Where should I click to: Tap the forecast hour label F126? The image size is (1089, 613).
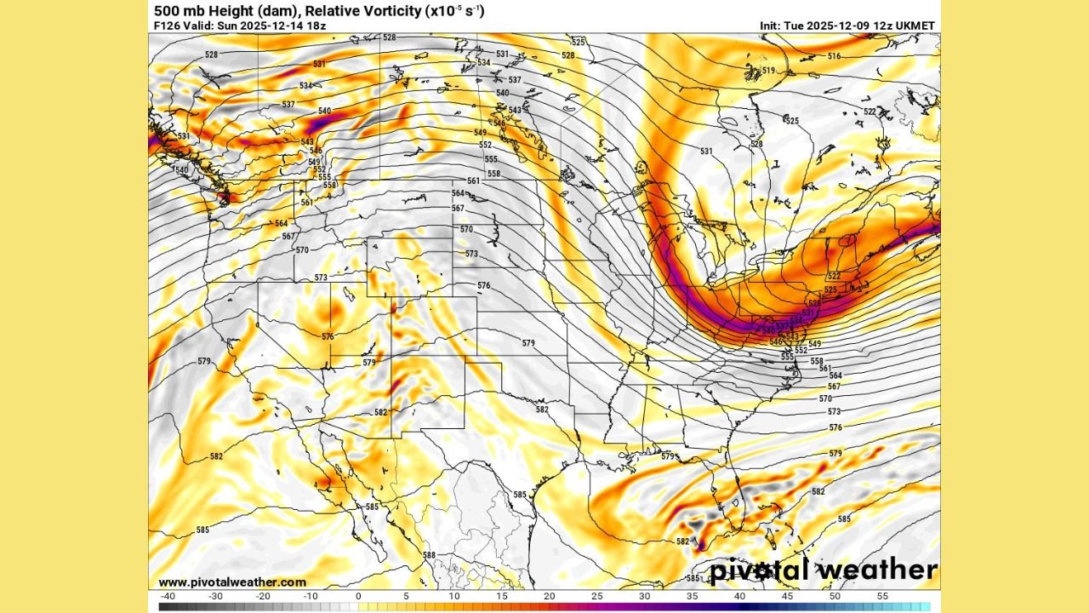point(168,26)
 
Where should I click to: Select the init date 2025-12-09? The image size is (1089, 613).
point(837,26)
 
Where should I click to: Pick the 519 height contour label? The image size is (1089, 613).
point(768,71)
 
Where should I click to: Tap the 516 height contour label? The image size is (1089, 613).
point(834,56)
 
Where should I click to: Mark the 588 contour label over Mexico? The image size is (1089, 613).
point(429,555)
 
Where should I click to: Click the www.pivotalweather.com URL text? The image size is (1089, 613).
point(232,582)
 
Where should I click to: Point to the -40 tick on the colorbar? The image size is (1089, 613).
point(167,596)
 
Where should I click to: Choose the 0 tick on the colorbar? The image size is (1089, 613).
point(358,596)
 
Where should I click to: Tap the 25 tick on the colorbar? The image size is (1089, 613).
point(596,596)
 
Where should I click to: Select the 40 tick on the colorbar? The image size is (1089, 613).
point(739,596)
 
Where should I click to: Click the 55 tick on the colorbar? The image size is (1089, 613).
point(882,596)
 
